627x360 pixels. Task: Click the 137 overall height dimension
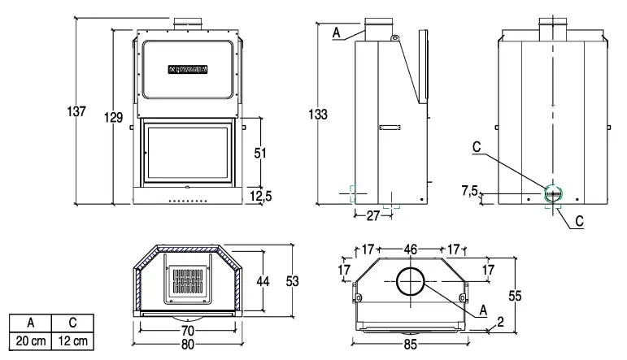(x=76, y=112)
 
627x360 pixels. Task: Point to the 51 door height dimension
(x=261, y=154)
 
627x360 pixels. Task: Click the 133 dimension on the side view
(x=318, y=115)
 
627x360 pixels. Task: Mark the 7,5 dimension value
(x=470, y=190)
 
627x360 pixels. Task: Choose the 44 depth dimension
(x=263, y=280)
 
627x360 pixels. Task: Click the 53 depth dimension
(x=293, y=280)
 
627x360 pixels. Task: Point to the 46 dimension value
(x=410, y=249)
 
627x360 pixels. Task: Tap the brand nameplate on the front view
(x=189, y=69)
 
